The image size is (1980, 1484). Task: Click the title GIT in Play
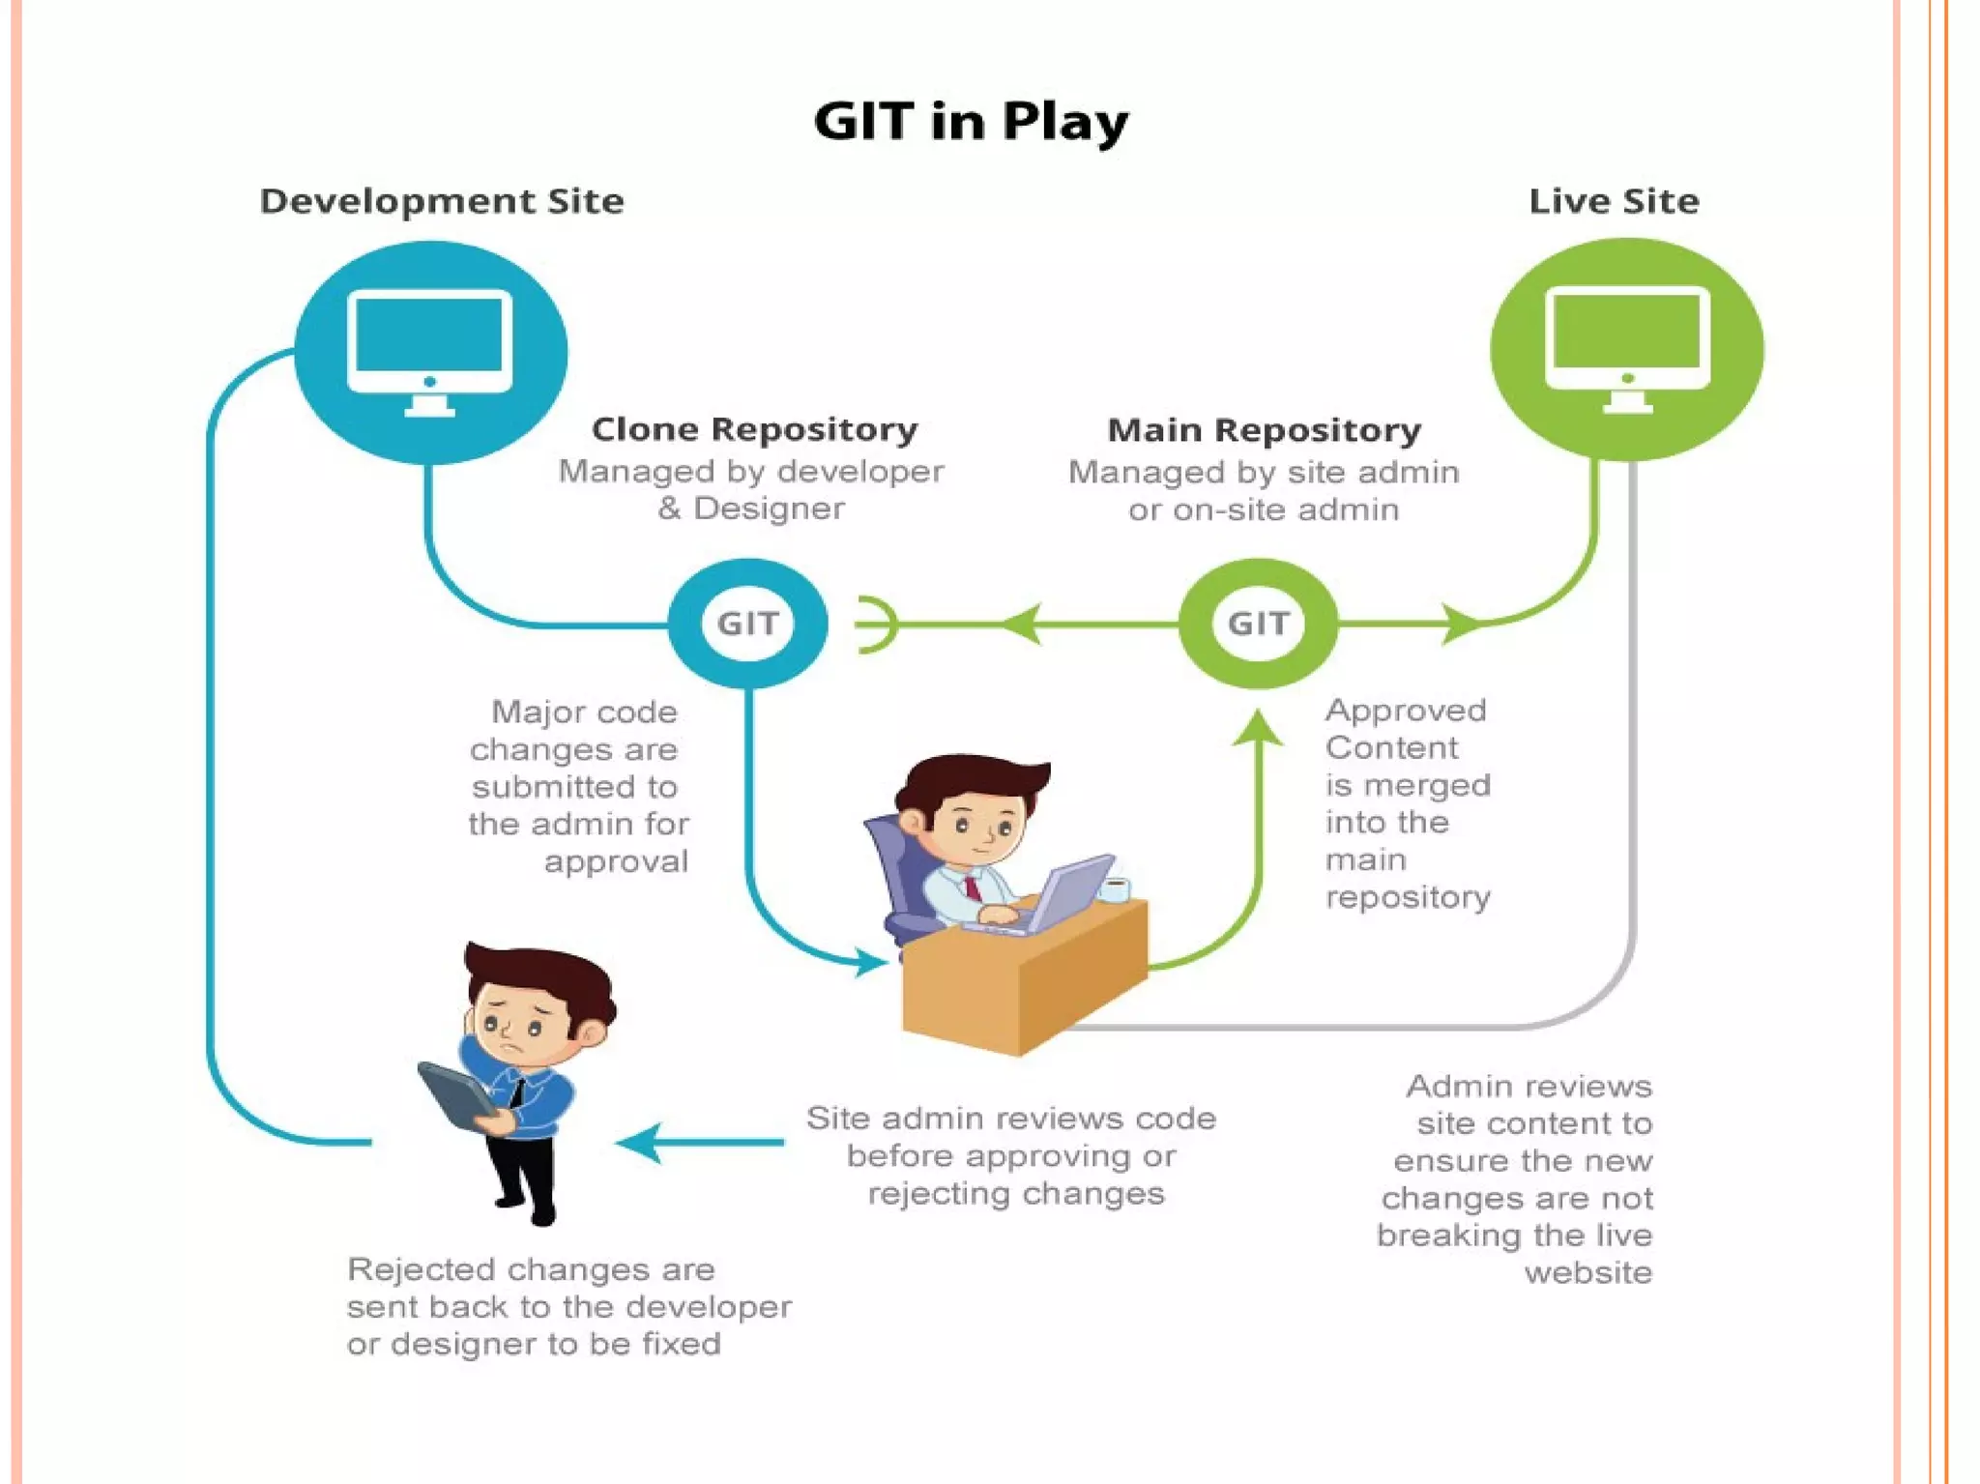pos(971,122)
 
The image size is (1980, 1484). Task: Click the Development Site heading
pos(442,201)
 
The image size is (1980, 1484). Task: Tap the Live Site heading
pos(1613,201)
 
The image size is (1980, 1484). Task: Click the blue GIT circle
pos(747,624)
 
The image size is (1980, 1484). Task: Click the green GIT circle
pos(1258,624)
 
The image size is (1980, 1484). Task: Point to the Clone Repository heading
pos(754,429)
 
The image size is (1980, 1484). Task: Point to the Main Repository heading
pos(1264,430)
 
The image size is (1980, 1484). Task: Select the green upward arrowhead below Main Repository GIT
pos(1258,727)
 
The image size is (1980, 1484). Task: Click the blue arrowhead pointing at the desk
pos(870,961)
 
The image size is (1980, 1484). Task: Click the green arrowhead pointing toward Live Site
pos(1460,624)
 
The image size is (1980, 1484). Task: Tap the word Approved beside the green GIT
pos(1406,711)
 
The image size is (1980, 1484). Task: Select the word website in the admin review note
pos(1587,1272)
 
